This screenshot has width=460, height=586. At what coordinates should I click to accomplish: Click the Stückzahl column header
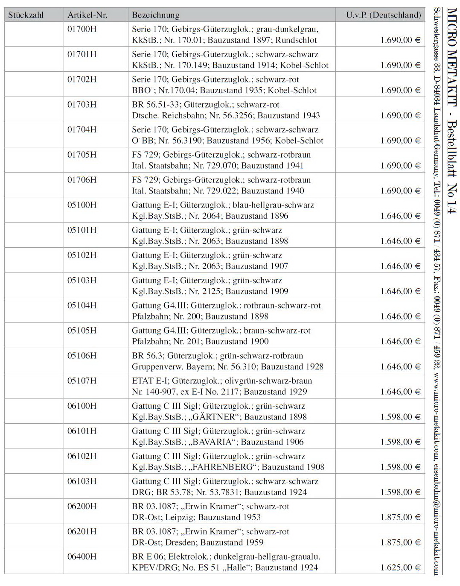click(26, 15)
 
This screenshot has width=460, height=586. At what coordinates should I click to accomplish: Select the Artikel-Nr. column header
click(87, 15)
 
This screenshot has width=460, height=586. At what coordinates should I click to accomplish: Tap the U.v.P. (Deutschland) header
click(383, 15)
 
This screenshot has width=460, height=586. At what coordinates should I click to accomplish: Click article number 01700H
click(82, 29)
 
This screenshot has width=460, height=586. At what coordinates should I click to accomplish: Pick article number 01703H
click(82, 104)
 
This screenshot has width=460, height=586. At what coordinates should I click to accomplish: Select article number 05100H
click(82, 205)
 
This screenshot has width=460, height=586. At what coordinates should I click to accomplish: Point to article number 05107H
click(82, 381)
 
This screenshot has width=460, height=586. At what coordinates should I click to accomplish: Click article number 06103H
click(82, 481)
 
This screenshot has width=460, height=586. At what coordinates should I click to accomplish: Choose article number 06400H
click(82, 556)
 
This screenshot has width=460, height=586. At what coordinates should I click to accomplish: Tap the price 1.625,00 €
click(400, 568)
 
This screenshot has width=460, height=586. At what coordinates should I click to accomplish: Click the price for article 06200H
click(400, 517)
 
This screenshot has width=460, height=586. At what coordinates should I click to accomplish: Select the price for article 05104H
click(400, 316)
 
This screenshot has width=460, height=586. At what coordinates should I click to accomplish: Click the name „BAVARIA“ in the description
click(213, 442)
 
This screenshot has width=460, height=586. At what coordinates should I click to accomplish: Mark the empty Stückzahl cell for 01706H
click(34, 185)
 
